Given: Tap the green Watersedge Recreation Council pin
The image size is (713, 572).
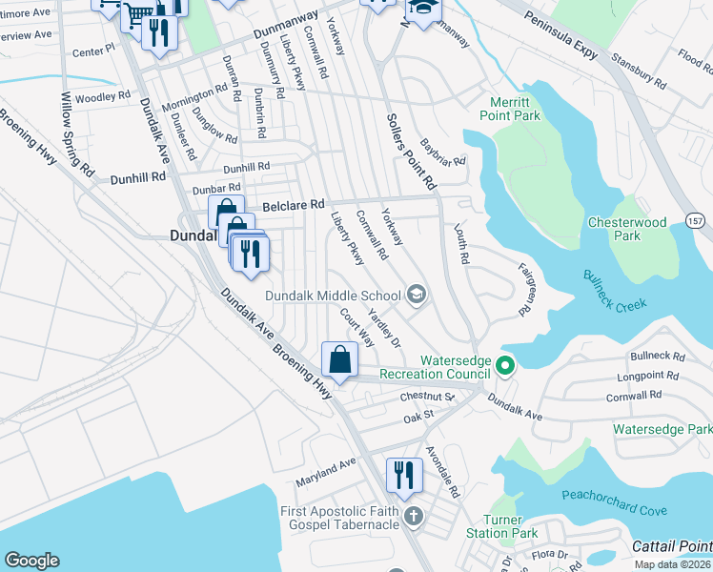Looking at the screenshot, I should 505,364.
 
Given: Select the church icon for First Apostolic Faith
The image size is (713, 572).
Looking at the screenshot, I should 413,517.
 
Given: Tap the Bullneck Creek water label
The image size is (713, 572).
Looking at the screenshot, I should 616,290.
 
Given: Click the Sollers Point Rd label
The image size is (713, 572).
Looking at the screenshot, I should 411,151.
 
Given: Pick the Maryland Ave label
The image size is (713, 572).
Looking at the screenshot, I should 324,468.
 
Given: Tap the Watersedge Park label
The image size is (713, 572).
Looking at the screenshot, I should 662,430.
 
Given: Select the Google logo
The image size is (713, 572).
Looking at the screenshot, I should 31,561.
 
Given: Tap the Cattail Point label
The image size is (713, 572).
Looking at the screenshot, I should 671,546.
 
